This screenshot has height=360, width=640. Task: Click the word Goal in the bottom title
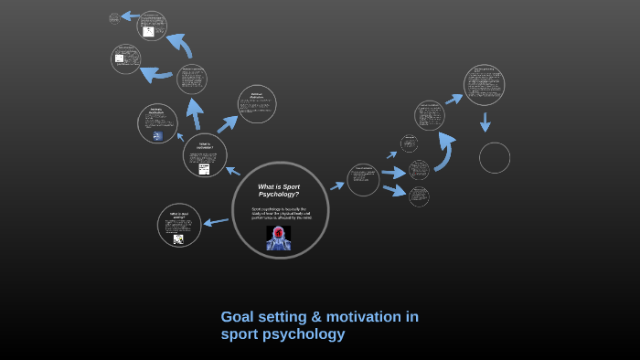tap(238, 317)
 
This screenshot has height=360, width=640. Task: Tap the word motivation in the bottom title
tap(366, 317)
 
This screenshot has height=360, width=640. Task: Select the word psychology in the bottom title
tap(304, 334)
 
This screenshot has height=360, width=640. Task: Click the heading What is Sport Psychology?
tap(278, 190)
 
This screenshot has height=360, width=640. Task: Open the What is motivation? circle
tap(204, 154)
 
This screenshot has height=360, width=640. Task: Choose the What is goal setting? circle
tap(178, 225)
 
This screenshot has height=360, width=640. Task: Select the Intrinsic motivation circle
tap(157, 123)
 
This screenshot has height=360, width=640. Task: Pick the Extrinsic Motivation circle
tap(256, 104)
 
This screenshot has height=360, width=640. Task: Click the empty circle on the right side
tap(495, 157)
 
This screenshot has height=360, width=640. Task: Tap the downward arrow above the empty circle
tap(485, 122)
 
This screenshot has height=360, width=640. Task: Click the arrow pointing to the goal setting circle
tap(216, 221)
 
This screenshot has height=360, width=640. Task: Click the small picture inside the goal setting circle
tap(178, 238)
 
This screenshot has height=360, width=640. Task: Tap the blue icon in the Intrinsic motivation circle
tap(157, 136)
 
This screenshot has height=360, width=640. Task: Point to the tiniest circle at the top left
tap(114, 18)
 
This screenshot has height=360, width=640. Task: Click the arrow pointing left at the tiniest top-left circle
tap(130, 16)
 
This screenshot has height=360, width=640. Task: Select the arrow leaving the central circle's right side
tap(337, 185)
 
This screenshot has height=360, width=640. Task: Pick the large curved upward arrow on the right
tap(444, 150)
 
